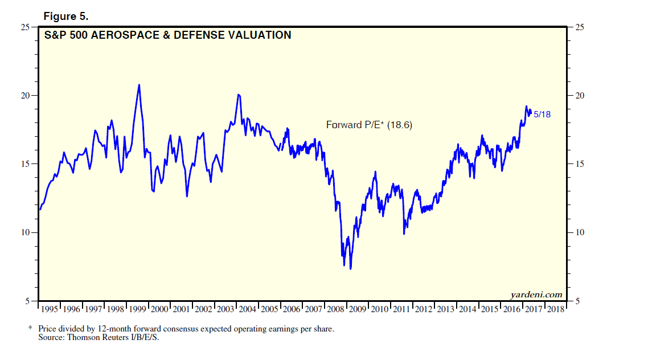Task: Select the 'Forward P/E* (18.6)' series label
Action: pos(368,124)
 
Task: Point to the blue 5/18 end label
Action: pos(542,114)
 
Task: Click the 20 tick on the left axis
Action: pos(26,96)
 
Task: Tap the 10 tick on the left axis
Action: pos(26,232)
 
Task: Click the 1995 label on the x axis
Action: pos(50,309)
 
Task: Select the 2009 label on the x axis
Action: pos(358,309)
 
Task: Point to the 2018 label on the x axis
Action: pos(555,309)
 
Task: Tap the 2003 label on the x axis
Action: pos(226,309)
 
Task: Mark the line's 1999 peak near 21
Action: pos(139,85)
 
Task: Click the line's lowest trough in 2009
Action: pos(350,269)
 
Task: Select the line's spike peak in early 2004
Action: pos(239,95)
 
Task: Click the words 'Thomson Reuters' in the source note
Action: pos(93,338)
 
